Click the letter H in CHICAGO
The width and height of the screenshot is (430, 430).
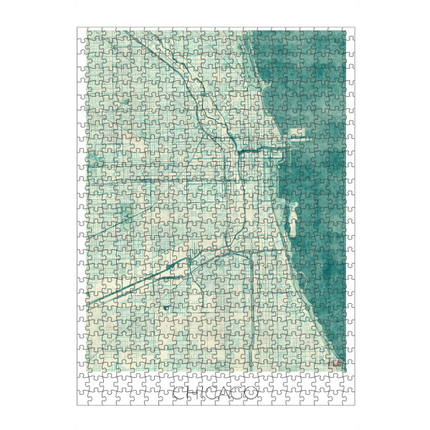[190, 393]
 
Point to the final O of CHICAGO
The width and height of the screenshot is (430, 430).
[253, 393]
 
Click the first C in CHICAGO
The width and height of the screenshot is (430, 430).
[178, 393]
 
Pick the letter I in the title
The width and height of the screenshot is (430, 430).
[201, 393]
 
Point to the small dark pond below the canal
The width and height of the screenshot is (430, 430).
[166, 307]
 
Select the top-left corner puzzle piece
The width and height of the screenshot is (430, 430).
[85, 35]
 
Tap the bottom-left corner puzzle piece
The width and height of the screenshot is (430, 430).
[85, 397]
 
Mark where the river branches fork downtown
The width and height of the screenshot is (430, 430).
[238, 153]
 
